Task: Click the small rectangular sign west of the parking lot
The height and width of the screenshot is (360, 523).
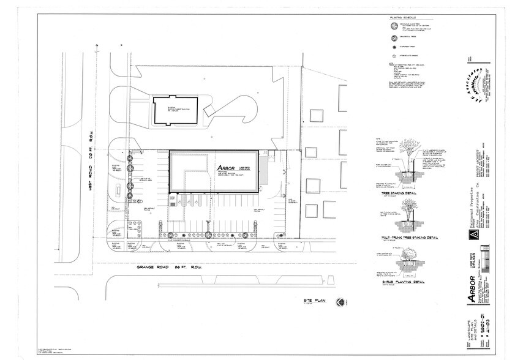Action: [x=118, y=190]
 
